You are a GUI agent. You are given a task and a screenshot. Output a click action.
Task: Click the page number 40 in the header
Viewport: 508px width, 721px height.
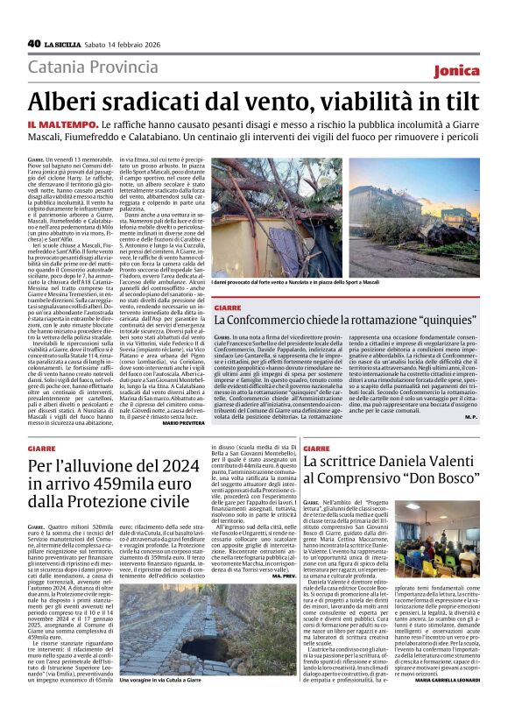click(x=34, y=43)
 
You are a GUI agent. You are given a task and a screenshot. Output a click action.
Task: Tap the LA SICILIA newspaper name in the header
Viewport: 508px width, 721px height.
click(x=67, y=44)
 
